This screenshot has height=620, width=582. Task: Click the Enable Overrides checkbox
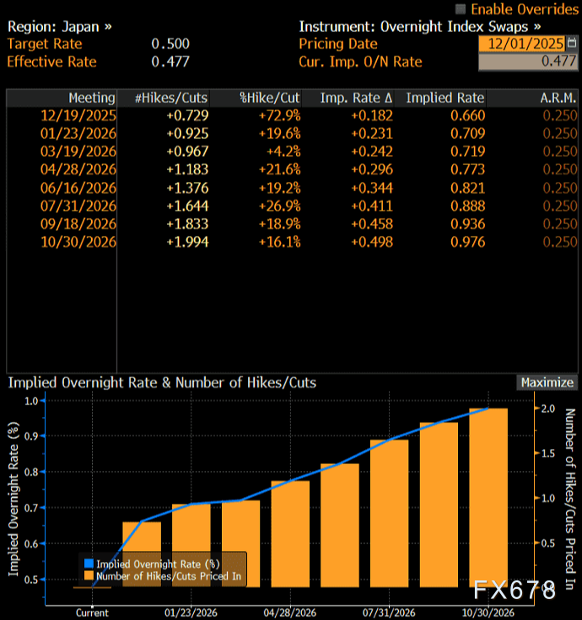click(x=461, y=8)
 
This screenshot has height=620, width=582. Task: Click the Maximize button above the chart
click(x=547, y=382)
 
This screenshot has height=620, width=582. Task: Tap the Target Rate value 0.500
click(x=170, y=43)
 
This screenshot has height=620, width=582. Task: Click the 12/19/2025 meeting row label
click(x=78, y=115)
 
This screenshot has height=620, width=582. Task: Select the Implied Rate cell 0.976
click(x=467, y=242)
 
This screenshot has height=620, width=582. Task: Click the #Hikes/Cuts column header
click(x=171, y=98)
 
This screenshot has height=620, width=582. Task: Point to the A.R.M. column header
click(x=558, y=98)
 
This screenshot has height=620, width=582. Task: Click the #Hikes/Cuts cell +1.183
click(x=187, y=169)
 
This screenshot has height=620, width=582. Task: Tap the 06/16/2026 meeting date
click(x=78, y=187)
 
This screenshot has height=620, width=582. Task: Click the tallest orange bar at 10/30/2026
click(x=488, y=497)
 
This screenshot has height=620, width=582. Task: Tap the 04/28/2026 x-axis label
click(x=290, y=612)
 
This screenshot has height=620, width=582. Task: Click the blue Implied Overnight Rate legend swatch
click(x=89, y=564)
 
